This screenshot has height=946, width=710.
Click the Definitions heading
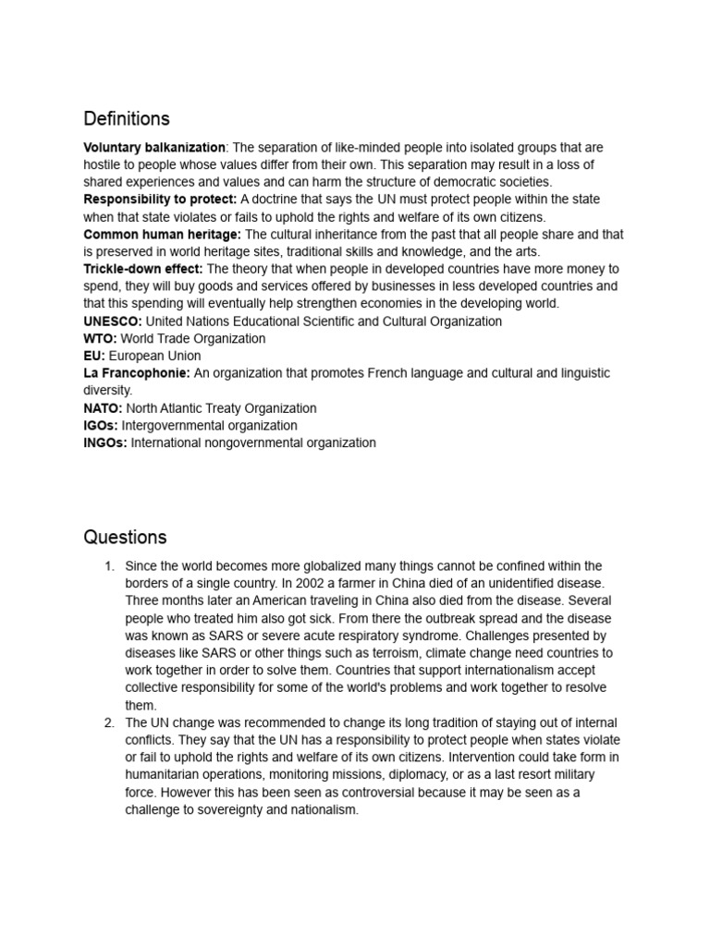coord(127,119)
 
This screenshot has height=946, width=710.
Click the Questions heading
coord(125,537)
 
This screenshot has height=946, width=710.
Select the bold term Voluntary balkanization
coord(154,148)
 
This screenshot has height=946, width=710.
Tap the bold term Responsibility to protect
coord(160,200)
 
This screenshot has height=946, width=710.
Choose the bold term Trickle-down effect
coord(142,269)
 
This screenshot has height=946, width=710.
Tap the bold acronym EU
coord(93,356)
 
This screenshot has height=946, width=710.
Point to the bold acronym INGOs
coord(105,443)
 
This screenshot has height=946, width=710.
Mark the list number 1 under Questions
coord(107,565)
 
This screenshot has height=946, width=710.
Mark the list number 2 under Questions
coord(107,722)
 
